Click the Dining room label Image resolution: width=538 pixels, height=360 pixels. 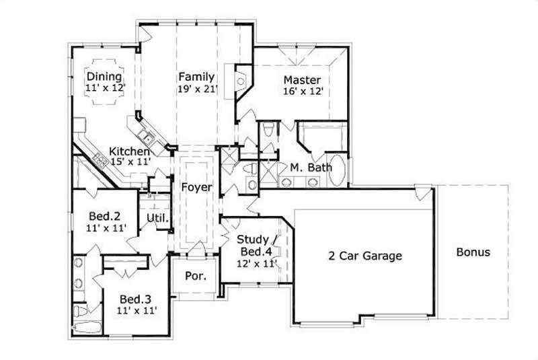pyautogui.click(x=104, y=77)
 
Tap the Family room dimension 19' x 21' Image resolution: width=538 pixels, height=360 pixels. pyautogui.click(x=197, y=88)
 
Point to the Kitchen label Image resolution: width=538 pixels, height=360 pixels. pyautogui.click(x=130, y=151)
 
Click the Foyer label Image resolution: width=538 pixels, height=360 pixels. pyautogui.click(x=196, y=187)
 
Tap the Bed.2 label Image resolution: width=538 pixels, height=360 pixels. pyautogui.click(x=104, y=217)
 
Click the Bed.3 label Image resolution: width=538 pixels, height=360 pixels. pyautogui.click(x=135, y=298)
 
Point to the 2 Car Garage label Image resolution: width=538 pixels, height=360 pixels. pyautogui.click(x=364, y=256)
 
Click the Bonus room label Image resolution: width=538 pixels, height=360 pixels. pyautogui.click(x=473, y=253)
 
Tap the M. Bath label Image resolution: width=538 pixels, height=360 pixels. pyautogui.click(x=311, y=168)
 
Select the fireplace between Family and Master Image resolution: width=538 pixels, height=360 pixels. pyautogui.click(x=241, y=81)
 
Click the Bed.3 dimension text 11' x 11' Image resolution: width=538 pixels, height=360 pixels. pyautogui.click(x=135, y=310)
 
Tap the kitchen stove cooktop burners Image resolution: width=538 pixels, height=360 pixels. pyautogui.click(x=102, y=160)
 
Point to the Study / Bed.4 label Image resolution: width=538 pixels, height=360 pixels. pyautogui.click(x=256, y=246)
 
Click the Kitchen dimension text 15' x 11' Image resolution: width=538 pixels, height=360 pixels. pyautogui.click(x=129, y=162)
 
